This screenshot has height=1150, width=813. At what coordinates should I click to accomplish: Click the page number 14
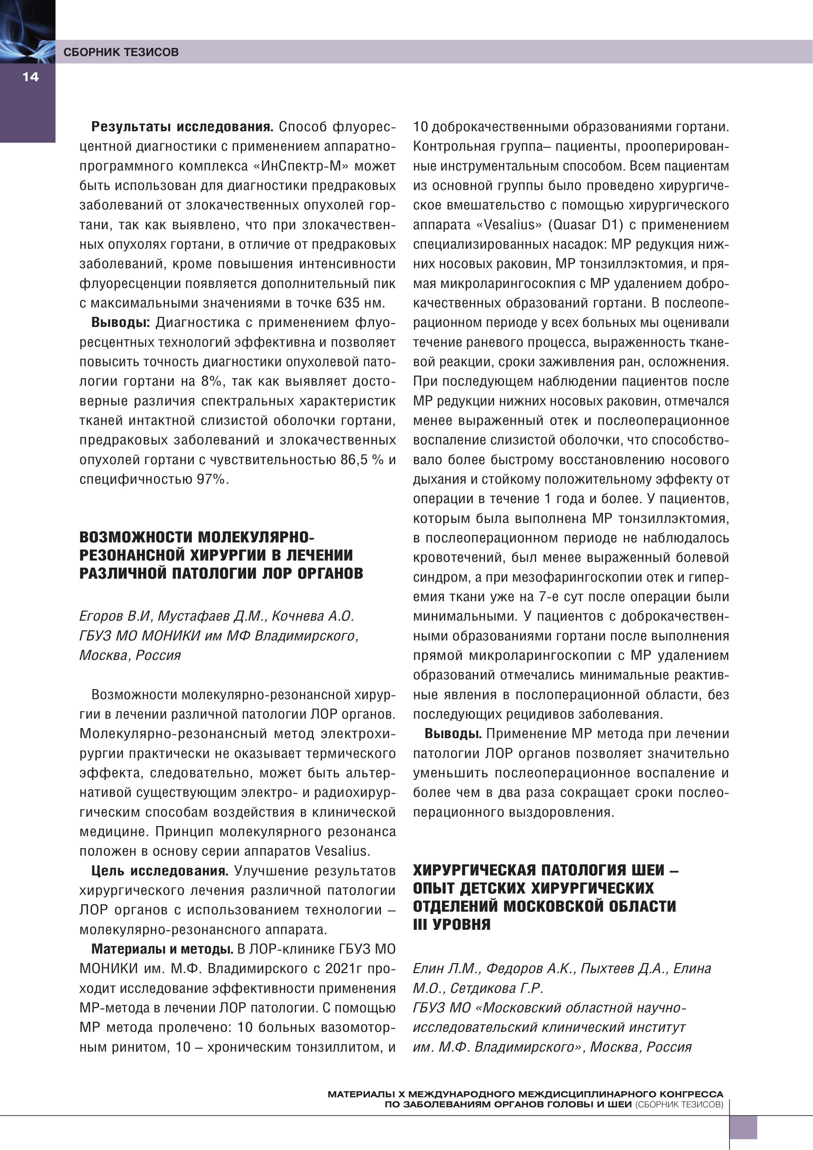[30, 77]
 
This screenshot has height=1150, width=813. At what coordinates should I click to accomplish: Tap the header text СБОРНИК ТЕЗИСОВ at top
[121, 52]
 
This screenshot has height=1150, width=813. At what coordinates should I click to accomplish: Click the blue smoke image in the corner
[27, 31]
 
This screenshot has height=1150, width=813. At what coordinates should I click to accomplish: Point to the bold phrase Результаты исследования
[182, 127]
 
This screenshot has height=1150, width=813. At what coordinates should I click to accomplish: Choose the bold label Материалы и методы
[162, 949]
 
